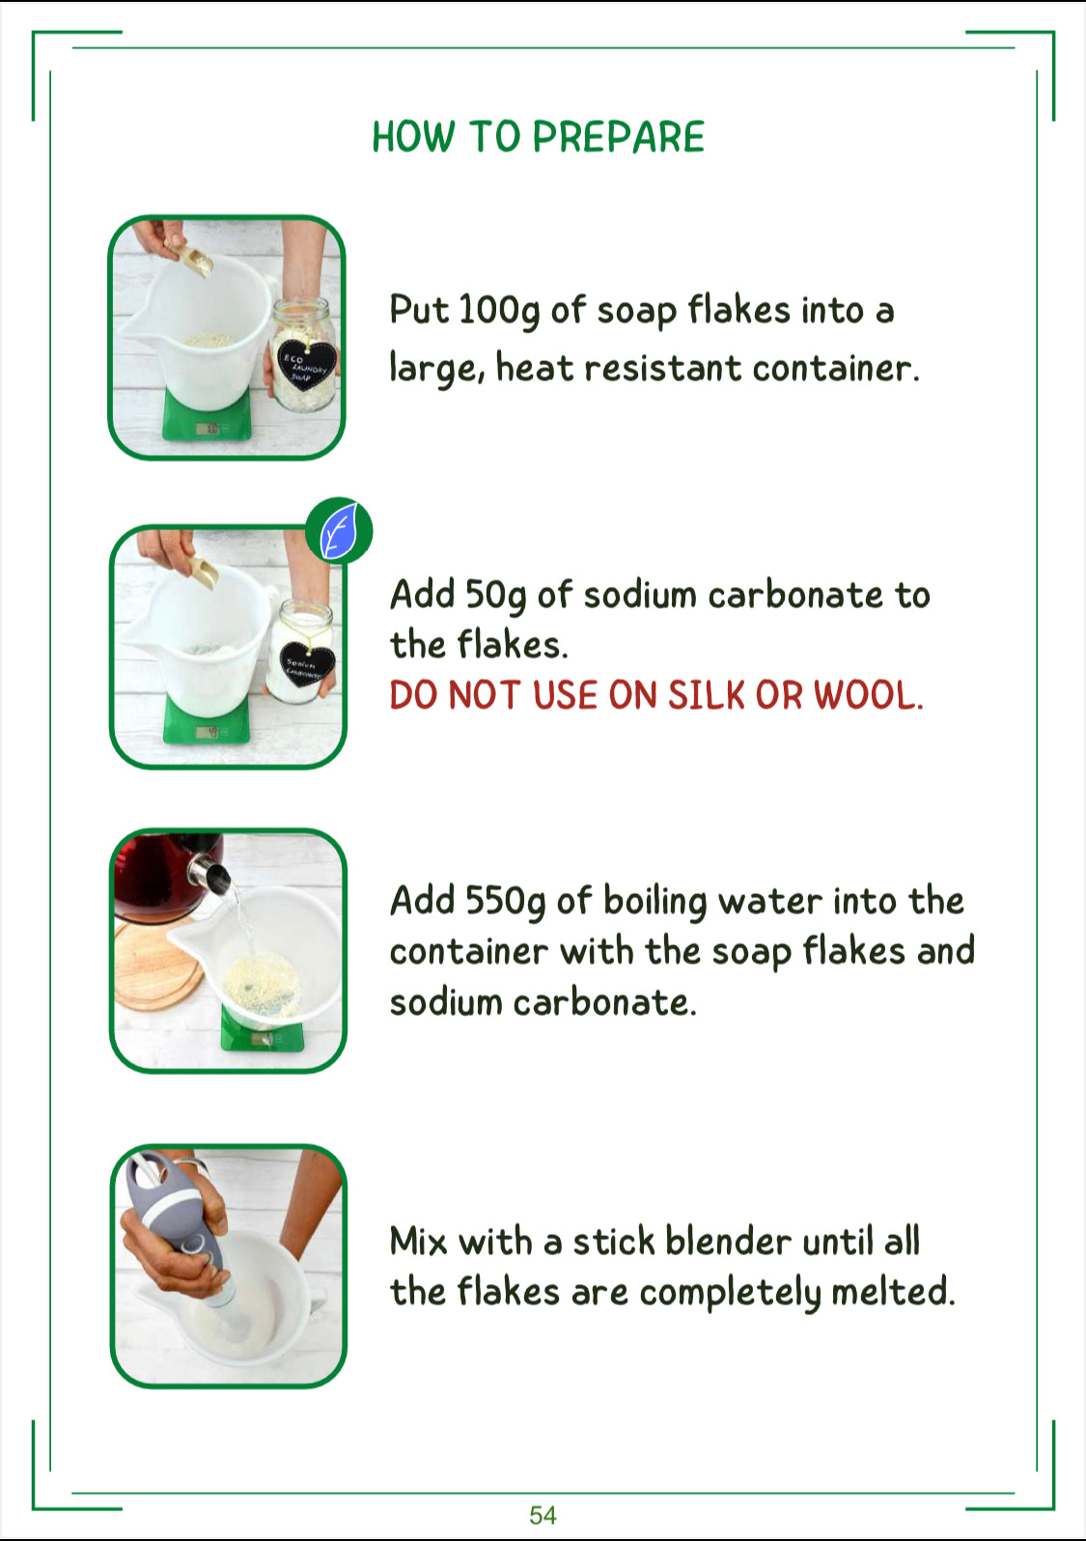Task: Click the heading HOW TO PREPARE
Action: pos(539,136)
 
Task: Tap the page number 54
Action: pos(543,1515)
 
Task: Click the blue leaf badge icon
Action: pos(339,530)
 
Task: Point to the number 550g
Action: pos(506,902)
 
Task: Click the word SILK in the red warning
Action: pos(707,695)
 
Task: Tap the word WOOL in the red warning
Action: pos(868,695)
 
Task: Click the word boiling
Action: pos(654,902)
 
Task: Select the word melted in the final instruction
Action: pos(893,1292)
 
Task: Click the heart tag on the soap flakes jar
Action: pos(306,365)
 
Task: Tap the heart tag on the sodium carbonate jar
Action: pos(307,663)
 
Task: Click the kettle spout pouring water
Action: pos(209,872)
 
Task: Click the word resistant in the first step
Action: pos(662,369)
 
